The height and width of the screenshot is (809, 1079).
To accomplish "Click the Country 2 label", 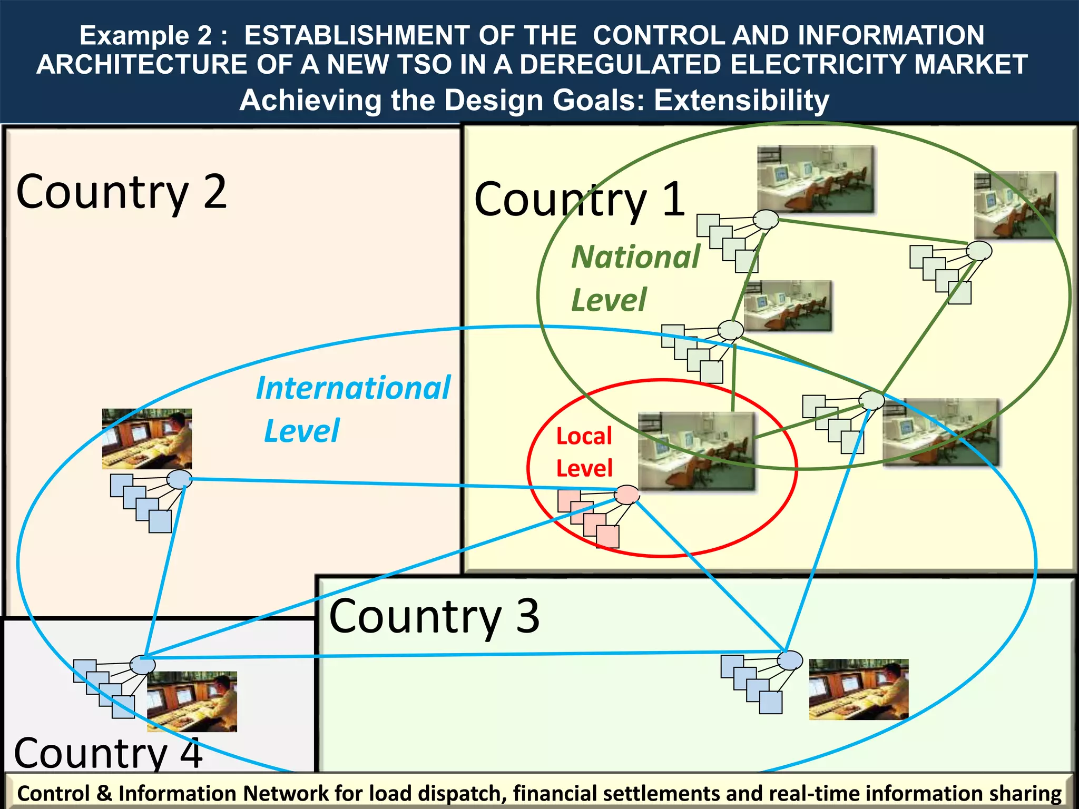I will click(x=121, y=192).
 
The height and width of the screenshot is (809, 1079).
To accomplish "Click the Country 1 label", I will click(x=580, y=200).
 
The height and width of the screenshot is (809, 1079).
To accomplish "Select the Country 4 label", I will click(x=108, y=753).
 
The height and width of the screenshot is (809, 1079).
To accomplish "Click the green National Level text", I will click(x=635, y=278).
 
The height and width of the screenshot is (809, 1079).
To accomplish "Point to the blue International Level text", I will click(x=353, y=409).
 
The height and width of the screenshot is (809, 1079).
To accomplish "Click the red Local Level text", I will click(x=584, y=452).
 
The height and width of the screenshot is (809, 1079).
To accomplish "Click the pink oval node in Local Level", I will click(x=627, y=495).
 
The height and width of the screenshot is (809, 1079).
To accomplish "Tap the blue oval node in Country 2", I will click(x=179, y=479).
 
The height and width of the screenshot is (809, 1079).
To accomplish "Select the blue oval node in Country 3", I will click(x=790, y=660).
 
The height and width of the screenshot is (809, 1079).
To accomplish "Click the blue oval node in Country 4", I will click(x=142, y=665).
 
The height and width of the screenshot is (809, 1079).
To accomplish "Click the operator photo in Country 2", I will click(x=146, y=439).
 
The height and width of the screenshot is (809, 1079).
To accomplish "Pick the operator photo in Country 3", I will click(x=858, y=689).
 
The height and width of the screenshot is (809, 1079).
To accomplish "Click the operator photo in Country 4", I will click(x=192, y=702).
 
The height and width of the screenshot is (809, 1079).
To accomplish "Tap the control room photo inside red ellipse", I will click(x=697, y=451).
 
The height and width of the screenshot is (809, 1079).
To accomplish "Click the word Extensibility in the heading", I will click(x=741, y=100).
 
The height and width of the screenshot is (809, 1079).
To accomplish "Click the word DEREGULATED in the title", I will click(x=621, y=64).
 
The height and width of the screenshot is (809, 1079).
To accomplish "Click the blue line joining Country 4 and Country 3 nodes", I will click(x=464, y=655).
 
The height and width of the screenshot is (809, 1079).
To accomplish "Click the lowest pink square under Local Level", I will click(x=607, y=537).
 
